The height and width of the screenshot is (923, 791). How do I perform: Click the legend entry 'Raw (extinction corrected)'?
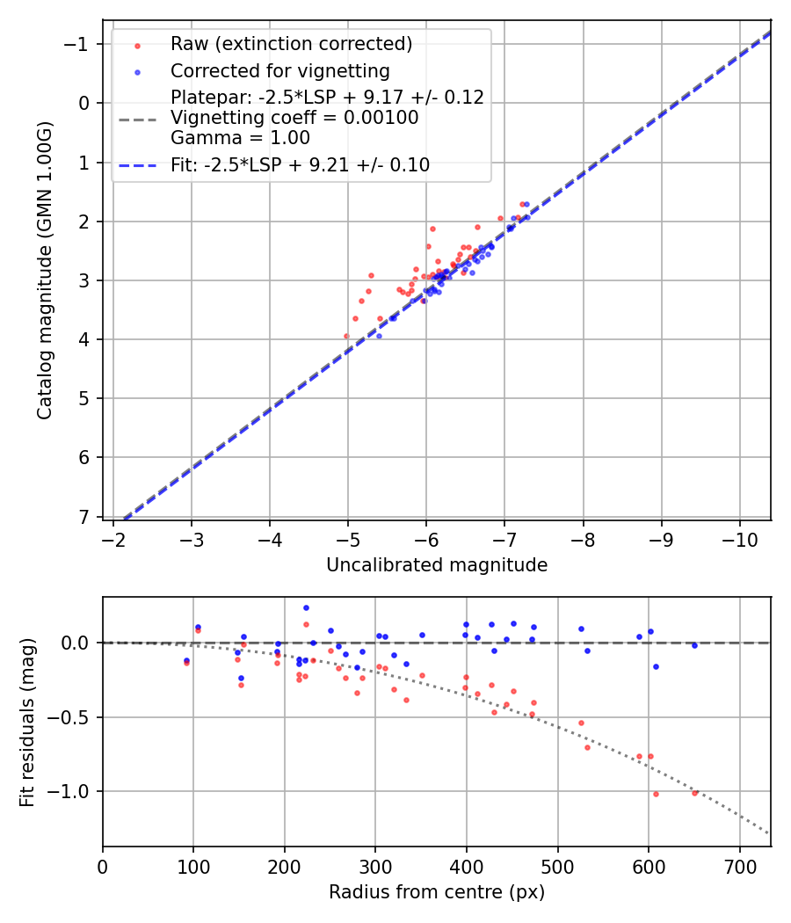point(291,43)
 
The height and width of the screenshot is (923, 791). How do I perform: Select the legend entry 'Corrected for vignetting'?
point(280,70)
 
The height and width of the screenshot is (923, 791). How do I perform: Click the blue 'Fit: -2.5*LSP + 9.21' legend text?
point(300,164)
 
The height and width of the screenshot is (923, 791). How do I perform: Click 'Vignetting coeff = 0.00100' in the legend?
point(294,118)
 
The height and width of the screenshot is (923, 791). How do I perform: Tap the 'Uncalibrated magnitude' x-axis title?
point(437,565)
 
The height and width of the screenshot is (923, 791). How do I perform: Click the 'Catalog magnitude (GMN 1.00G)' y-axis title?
point(45,270)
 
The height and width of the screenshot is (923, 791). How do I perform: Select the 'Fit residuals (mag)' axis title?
point(27,722)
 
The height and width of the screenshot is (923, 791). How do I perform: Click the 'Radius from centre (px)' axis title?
point(437,892)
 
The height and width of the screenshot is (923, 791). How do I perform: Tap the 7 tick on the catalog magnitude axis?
point(84,516)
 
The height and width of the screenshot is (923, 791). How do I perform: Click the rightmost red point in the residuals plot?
point(694,793)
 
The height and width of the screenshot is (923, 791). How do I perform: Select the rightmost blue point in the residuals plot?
point(694,645)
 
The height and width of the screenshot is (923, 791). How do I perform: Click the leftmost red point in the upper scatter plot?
point(346,336)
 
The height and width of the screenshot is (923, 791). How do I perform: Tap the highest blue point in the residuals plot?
point(306,607)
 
